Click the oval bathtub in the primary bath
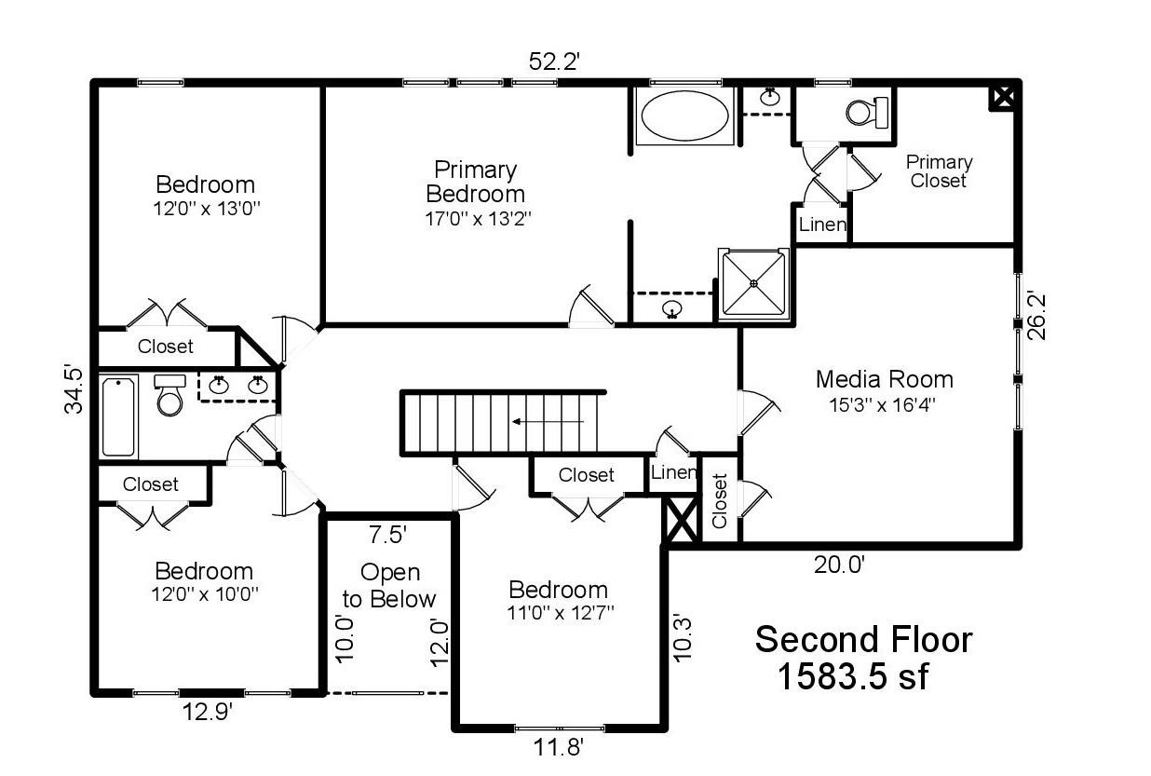[x=685, y=116]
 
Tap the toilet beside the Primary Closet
[x=867, y=112]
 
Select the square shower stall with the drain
[x=753, y=284]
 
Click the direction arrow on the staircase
[x=548, y=422]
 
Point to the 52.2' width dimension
[x=554, y=61]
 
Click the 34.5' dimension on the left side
[x=73, y=389]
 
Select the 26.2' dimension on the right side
[x=1036, y=316]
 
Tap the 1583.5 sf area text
[x=854, y=676]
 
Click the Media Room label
[x=885, y=379]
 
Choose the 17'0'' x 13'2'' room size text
[x=478, y=219]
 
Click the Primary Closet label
[x=939, y=171]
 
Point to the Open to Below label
[x=389, y=586]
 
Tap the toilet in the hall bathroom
[x=170, y=395]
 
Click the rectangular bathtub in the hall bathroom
[x=118, y=416]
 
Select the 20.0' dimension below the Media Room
[x=840, y=565]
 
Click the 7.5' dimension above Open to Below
[x=388, y=535]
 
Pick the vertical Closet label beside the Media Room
[x=719, y=500]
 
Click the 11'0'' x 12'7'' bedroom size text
[x=560, y=613]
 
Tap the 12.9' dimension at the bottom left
[x=208, y=712]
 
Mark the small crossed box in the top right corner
[x=1004, y=97]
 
